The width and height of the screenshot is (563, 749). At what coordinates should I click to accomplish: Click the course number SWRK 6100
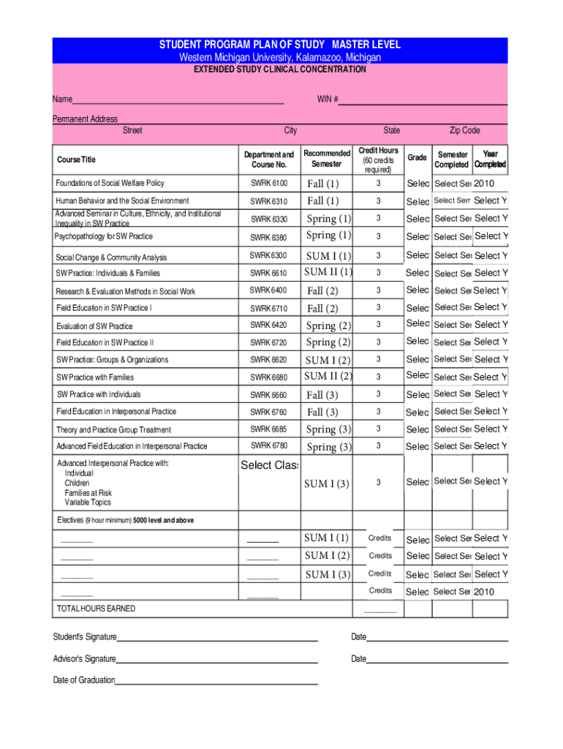tap(269, 183)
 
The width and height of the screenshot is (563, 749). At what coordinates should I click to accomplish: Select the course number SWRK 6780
tap(269, 445)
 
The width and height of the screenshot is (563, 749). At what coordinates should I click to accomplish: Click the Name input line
tap(178, 100)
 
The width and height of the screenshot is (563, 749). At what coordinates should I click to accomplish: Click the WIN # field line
tap(423, 100)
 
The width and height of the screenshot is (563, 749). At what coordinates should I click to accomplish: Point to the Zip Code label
tap(464, 130)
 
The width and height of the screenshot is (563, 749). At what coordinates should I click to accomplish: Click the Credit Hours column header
tap(378, 159)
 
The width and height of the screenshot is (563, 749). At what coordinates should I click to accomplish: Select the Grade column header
tap(417, 157)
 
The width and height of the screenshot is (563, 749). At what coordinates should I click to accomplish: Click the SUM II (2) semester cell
tap(328, 377)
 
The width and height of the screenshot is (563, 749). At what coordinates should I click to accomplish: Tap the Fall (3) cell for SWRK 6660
tap(322, 395)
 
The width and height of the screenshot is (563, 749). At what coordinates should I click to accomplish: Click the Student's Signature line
tap(217, 637)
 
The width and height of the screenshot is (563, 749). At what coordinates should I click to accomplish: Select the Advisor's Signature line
tap(217, 658)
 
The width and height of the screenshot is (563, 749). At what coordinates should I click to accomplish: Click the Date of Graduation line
tap(216, 680)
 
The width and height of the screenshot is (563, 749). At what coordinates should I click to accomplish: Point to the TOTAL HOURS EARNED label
tap(96, 609)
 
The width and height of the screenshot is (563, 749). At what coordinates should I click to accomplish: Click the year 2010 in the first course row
tap(485, 183)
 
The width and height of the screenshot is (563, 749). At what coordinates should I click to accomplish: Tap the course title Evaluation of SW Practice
tap(95, 326)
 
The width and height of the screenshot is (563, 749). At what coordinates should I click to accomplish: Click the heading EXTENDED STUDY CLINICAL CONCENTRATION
tap(279, 69)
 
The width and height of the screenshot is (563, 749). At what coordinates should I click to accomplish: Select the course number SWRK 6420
tap(269, 325)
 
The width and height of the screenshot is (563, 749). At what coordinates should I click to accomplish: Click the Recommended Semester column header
tap(327, 159)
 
